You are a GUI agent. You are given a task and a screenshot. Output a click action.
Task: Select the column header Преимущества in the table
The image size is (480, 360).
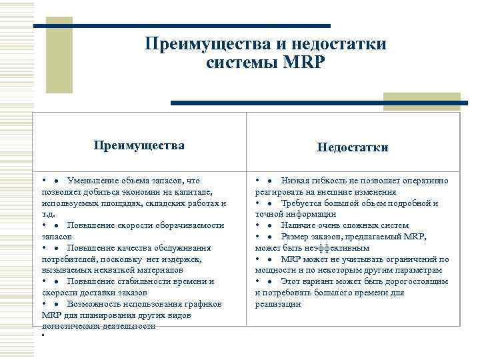pyautogui.click(x=139, y=145)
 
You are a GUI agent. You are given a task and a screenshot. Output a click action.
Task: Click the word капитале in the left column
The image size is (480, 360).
pyautogui.click(x=192, y=192)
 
